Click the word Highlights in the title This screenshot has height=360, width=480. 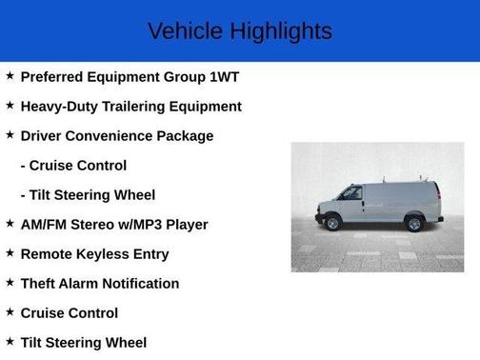[x=280, y=30]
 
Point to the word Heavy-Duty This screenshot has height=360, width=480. [x=59, y=107]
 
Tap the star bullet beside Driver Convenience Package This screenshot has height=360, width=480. [x=10, y=135]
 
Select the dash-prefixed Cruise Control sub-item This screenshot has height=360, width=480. [x=73, y=166]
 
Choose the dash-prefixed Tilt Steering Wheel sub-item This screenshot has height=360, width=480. [x=88, y=195]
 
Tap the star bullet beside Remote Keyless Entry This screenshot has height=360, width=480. [x=10, y=253]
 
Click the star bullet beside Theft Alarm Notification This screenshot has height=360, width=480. [x=10, y=283]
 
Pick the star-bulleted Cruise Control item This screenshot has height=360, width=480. [x=70, y=313]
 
